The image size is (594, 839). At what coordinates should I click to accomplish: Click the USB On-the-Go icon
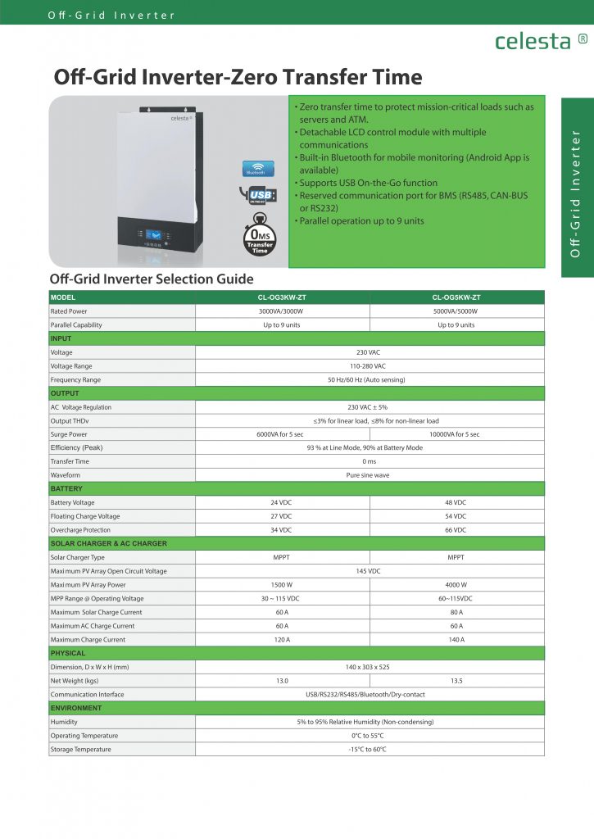tap(259, 195)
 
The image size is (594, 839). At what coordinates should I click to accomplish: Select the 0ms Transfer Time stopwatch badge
tap(259, 236)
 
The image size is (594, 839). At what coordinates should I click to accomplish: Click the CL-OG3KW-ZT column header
tap(282, 297)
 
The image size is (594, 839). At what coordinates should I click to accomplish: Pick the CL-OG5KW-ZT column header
tap(456, 297)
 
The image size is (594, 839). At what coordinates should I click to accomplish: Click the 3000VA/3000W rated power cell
tap(282, 311)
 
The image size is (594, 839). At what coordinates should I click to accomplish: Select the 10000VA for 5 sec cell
tap(456, 434)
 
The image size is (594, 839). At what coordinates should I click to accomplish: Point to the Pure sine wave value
tap(369, 475)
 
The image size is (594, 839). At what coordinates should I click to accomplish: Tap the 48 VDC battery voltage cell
tap(456, 502)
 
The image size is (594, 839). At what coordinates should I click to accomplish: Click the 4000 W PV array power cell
tap(456, 585)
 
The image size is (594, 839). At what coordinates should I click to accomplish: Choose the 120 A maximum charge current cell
tap(282, 640)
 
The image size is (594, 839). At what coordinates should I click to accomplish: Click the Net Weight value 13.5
tap(456, 681)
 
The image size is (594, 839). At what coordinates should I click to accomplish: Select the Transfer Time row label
tap(70, 461)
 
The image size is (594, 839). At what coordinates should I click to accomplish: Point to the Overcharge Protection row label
tap(80, 530)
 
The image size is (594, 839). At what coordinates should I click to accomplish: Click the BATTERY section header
tap(66, 489)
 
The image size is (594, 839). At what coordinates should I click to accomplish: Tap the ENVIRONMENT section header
tap(76, 708)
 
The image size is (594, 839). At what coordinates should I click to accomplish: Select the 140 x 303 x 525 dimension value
tap(369, 667)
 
